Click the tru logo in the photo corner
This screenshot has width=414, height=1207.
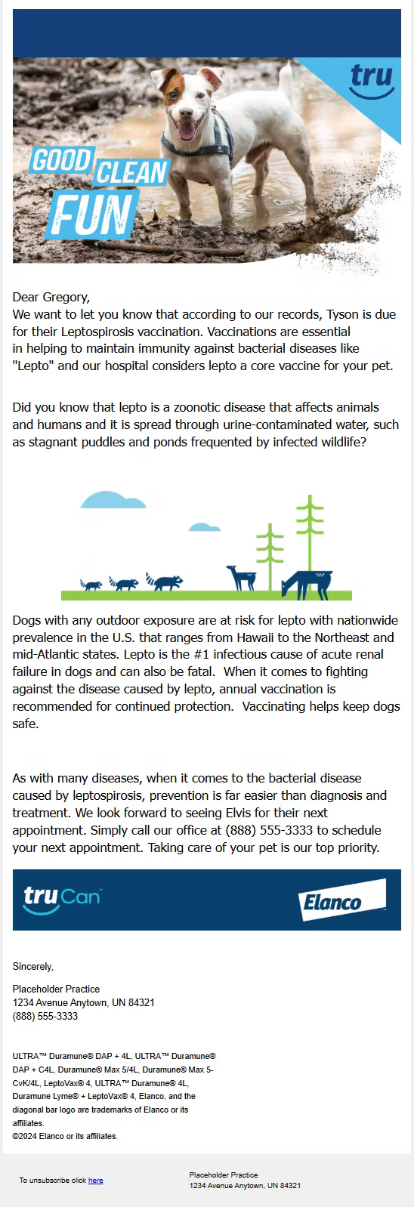pyautogui.click(x=372, y=81)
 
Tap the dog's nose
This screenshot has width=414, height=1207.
pyautogui.click(x=186, y=113)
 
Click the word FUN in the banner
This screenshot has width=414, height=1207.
pyautogui.click(x=91, y=215)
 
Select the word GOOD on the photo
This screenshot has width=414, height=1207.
pyautogui.click(x=61, y=160)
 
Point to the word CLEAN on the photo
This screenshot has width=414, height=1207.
pyautogui.click(x=131, y=172)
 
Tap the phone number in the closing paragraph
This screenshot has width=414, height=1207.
pyautogui.click(x=269, y=830)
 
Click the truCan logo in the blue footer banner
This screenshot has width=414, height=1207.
pyautogui.click(x=62, y=900)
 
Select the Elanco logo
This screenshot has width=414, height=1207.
pyautogui.click(x=341, y=900)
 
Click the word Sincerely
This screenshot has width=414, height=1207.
pyautogui.click(x=33, y=967)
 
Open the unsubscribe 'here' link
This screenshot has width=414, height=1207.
pyautogui.click(x=95, y=1180)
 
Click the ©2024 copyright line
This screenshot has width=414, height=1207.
pyautogui.click(x=65, y=1136)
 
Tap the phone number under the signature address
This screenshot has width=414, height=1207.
pyautogui.click(x=45, y=1016)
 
